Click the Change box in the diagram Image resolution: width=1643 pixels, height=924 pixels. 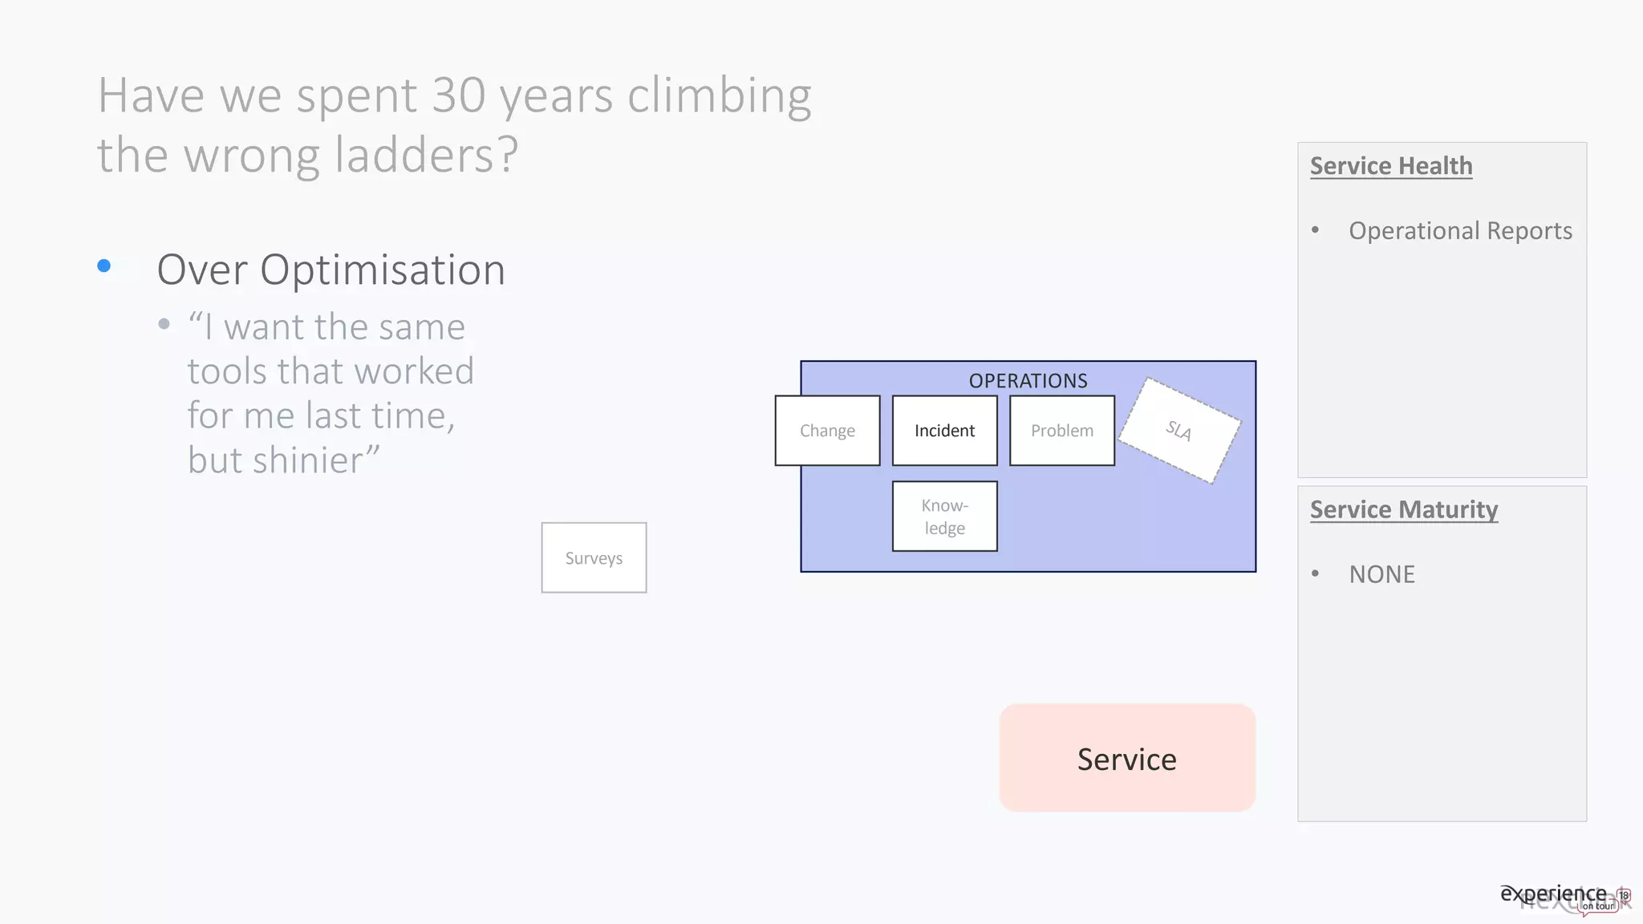[x=827, y=431]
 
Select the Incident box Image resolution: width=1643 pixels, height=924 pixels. [x=944, y=431]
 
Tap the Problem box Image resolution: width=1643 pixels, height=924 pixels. [x=1061, y=431]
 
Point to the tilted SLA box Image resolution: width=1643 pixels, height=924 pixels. [x=1179, y=431]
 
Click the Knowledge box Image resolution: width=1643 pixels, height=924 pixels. [x=944, y=517]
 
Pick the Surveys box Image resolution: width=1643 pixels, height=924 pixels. [x=594, y=558]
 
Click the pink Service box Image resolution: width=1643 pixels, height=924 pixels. [x=1127, y=759]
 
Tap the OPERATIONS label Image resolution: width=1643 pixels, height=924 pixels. [x=1028, y=380]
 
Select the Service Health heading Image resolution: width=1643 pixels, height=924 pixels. [x=1391, y=166]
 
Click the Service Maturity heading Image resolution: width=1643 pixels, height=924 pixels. [x=1404, y=509]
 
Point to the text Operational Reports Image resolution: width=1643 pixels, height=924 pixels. [x=1460, y=231]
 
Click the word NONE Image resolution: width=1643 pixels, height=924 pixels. [x=1381, y=574]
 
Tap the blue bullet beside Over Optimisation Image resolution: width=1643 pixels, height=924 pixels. [x=104, y=265]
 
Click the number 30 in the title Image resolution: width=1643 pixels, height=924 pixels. [x=458, y=95]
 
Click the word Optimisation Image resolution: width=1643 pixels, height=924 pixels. [x=383, y=269]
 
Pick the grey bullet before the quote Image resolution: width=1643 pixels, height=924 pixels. [x=164, y=324]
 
